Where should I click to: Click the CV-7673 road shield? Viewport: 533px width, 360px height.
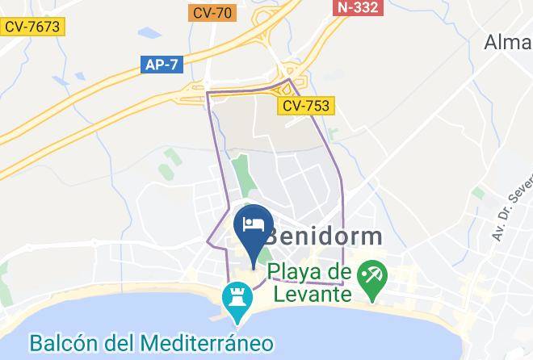point(31,27)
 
